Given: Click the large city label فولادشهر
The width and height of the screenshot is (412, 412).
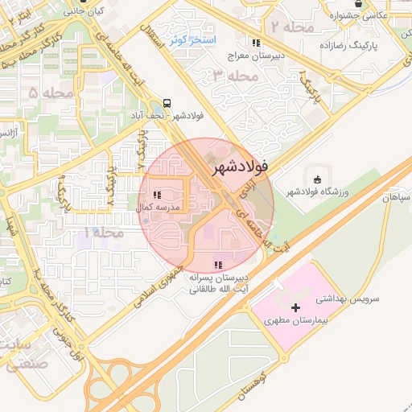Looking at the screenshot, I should point(240,169).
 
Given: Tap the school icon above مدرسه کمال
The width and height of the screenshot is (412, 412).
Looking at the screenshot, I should point(158,195).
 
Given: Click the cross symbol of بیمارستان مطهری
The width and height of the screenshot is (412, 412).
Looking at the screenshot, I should point(296,307).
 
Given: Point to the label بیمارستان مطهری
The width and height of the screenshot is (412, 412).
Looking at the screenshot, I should point(295,320).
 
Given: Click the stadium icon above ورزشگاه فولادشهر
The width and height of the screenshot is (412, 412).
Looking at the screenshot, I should point(316,179).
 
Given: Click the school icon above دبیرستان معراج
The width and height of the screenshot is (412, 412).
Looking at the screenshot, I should point(255,43).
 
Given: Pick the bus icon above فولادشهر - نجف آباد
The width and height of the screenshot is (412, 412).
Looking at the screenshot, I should point(167,103).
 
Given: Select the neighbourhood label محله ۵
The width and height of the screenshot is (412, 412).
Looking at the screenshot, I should point(44,93).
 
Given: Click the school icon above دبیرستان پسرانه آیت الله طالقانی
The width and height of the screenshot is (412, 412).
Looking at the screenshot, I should point(218,265).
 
